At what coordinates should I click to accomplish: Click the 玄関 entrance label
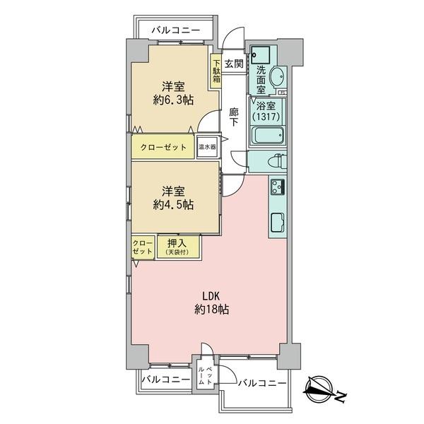point(234,64)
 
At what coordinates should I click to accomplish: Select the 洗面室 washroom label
point(261,80)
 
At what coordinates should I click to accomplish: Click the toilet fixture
point(272,160)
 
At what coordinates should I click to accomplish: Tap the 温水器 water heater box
point(206,147)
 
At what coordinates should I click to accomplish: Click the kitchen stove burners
point(276,187)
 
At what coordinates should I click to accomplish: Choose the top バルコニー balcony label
point(178,31)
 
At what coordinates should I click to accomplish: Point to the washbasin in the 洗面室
point(275,76)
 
